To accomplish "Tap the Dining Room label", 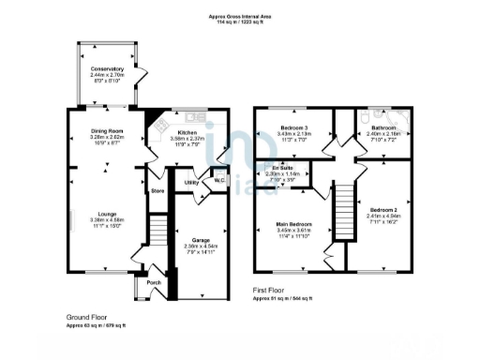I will point(108,132).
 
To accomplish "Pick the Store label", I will point(157,192).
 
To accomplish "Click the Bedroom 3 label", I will point(293,127).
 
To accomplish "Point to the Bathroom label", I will point(383,127).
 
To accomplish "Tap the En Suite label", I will point(282,169).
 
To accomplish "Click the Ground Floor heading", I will point(85,317).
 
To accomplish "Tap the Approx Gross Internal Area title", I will point(240,16).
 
